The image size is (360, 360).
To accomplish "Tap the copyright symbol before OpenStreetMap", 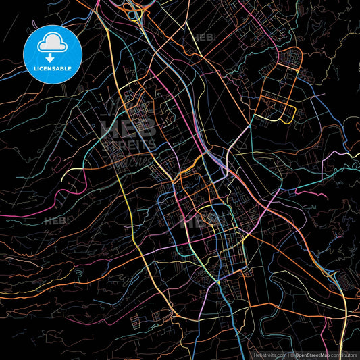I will click(x=292, y=354).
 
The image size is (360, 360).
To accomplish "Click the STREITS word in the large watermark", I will click(x=129, y=144).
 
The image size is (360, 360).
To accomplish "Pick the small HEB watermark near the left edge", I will click(x=54, y=221).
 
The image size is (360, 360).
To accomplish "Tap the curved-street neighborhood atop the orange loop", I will click(x=289, y=60).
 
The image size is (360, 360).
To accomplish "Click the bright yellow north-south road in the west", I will click(x=128, y=203).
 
